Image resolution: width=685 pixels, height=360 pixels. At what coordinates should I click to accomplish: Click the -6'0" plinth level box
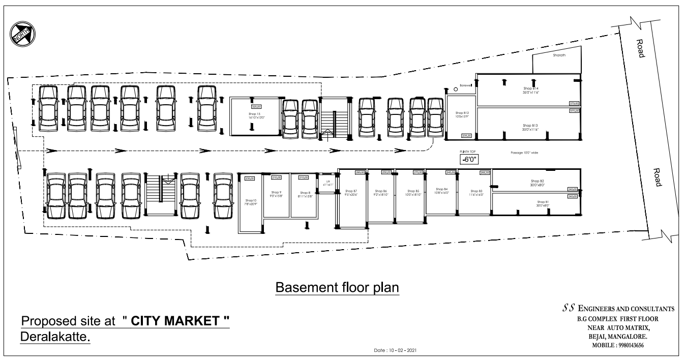point(467,159)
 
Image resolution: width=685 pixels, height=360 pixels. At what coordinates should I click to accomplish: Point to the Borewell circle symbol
point(456,89)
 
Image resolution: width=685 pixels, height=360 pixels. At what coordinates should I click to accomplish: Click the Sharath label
point(559,54)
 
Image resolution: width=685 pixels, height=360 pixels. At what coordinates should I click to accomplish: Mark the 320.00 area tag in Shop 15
point(256,107)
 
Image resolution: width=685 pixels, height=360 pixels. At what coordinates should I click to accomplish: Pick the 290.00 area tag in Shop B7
point(360,173)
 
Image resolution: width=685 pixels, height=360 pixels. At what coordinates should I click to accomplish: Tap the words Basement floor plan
point(337,288)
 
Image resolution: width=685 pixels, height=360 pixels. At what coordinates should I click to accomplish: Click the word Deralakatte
point(55,337)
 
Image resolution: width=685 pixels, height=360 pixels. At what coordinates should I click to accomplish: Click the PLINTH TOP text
point(467,152)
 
